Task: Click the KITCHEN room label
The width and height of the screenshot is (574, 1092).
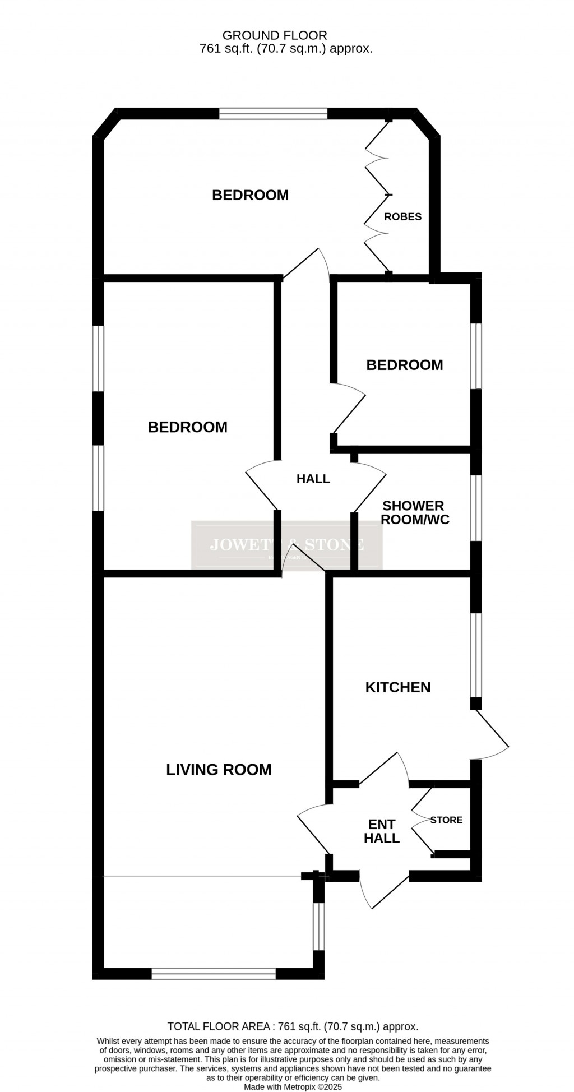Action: point(397,687)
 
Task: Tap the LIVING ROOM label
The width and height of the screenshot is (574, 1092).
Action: point(219,770)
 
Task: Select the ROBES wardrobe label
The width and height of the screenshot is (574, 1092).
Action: point(402,217)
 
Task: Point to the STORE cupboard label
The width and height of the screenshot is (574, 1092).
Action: point(446,820)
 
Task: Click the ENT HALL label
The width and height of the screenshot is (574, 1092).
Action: point(382,831)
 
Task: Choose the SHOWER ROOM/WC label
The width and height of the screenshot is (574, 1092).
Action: point(415,513)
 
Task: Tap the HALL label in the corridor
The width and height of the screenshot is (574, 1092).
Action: point(313,479)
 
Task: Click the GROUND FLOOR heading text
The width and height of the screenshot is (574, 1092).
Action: point(275,36)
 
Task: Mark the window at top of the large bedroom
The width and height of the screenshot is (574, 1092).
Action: point(273,114)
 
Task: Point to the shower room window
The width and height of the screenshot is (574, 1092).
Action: point(476,508)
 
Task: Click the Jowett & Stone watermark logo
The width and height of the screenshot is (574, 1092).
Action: point(286,545)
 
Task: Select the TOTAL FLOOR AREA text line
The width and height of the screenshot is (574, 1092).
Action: point(293,1026)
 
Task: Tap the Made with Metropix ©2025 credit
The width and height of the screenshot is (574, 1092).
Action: point(293,1086)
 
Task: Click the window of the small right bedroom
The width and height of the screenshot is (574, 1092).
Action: point(476,356)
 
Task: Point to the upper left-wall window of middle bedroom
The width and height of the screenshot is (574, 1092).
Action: point(99,358)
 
